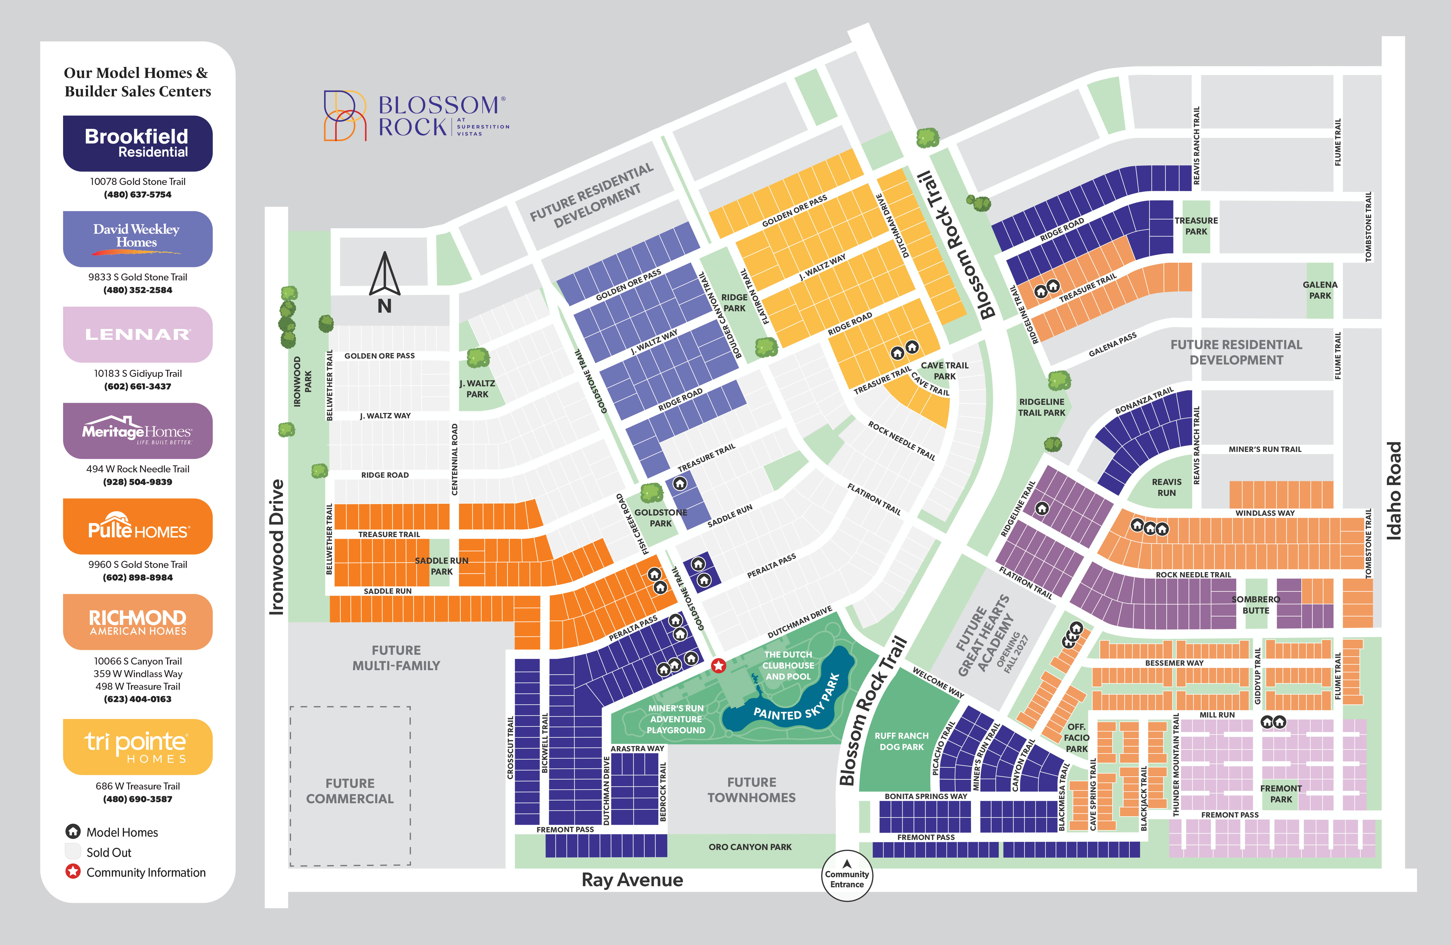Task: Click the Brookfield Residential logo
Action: pyautogui.click(x=138, y=143)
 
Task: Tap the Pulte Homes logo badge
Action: pyautogui.click(x=138, y=526)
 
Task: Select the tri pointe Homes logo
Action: pyautogui.click(x=138, y=747)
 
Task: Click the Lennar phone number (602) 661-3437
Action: pyautogui.click(x=138, y=386)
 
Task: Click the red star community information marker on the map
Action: pyautogui.click(x=719, y=665)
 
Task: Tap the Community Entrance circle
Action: pyautogui.click(x=847, y=876)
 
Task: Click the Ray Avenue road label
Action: pyautogui.click(x=632, y=880)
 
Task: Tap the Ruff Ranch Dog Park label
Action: pyautogui.click(x=902, y=741)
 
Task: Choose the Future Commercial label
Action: pyautogui.click(x=350, y=791)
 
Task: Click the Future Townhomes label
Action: pyautogui.click(x=752, y=790)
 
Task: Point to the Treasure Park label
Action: pyautogui.click(x=1196, y=226)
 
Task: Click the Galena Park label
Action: pyautogui.click(x=1320, y=290)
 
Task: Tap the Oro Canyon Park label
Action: pyautogui.click(x=750, y=847)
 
